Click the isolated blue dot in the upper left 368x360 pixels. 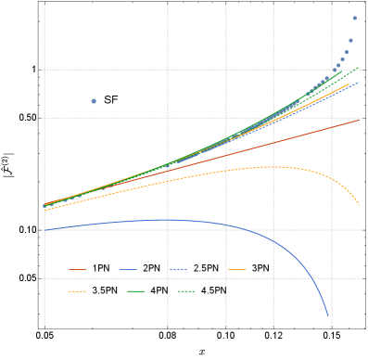pos(94,100)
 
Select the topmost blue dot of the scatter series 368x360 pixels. pos(354,18)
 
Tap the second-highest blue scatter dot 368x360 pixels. pos(350,40)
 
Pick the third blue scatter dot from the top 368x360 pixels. pos(347,52)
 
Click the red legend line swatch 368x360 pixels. pos(78,270)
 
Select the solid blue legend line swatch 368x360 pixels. pos(128,270)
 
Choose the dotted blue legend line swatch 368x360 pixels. pos(178,270)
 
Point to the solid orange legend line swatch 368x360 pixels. pos(236,270)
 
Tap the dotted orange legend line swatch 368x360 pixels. pos(78,291)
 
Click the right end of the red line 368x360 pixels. pos(359,120)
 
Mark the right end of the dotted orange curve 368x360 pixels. pos(359,203)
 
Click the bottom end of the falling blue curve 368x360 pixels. pos(328,316)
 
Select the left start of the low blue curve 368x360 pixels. pos(44,229)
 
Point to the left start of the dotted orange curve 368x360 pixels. pos(44,211)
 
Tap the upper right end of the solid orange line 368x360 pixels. pos(349,84)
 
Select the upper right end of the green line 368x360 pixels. pos(359,67)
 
